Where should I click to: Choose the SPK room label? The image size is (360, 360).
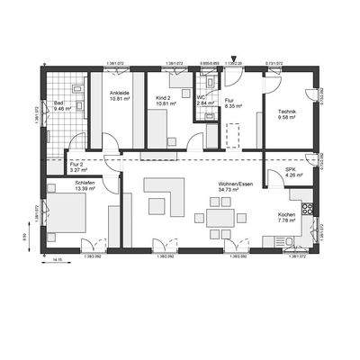290,169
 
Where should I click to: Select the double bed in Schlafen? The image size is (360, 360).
63,217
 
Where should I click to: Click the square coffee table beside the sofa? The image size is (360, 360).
157,207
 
